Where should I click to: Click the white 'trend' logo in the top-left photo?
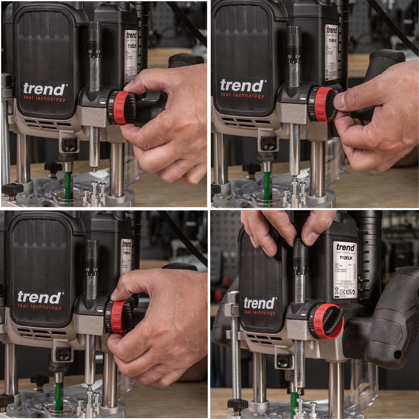tap(43, 89)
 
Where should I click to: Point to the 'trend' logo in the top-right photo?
tap(242, 85)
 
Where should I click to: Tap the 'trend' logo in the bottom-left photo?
tap(39, 297)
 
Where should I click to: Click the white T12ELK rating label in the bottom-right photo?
tap(345, 269)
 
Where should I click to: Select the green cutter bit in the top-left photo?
tap(68, 184)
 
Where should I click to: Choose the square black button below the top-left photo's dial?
tap(69, 145)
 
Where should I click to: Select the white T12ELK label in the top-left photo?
tap(130, 55)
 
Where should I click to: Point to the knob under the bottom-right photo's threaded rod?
tap(237, 404)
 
